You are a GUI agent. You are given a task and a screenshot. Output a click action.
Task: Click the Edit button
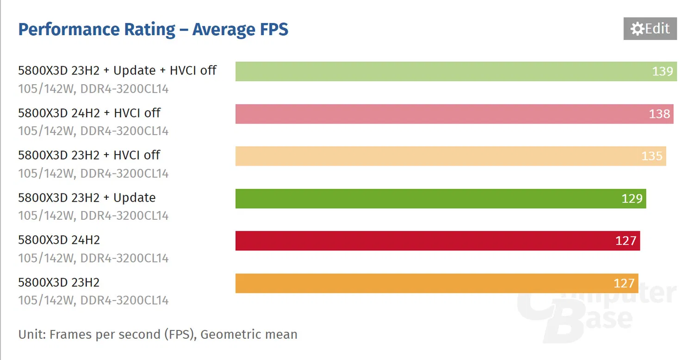[x=650, y=29]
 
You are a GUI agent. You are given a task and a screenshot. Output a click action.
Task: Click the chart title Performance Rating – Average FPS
[x=153, y=30]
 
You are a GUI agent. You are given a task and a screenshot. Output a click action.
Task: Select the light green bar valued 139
[x=440, y=71]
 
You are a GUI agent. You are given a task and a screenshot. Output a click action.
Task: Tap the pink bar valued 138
[x=440, y=114]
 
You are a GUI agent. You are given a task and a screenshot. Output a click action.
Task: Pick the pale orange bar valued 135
[x=440, y=156]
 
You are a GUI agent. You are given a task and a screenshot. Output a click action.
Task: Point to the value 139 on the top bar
[x=663, y=71]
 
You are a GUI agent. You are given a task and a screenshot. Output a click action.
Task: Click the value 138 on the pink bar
[x=659, y=114]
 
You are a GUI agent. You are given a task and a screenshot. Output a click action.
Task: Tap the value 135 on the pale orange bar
[x=652, y=156]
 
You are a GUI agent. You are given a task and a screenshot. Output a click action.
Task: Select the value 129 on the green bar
[x=632, y=199]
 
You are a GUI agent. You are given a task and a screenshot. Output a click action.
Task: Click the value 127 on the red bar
[x=626, y=241]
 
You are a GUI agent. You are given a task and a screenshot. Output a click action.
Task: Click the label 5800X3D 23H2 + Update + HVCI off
[x=117, y=70]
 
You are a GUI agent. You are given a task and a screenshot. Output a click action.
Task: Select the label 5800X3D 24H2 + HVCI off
[x=89, y=113]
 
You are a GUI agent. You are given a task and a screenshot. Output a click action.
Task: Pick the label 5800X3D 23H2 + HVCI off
[x=89, y=155]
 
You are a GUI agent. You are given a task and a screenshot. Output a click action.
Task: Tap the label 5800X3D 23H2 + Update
[x=87, y=198]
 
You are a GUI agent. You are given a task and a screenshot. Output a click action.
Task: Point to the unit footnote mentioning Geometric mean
[x=158, y=334]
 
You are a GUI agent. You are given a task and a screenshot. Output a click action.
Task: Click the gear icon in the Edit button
[x=637, y=29]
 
